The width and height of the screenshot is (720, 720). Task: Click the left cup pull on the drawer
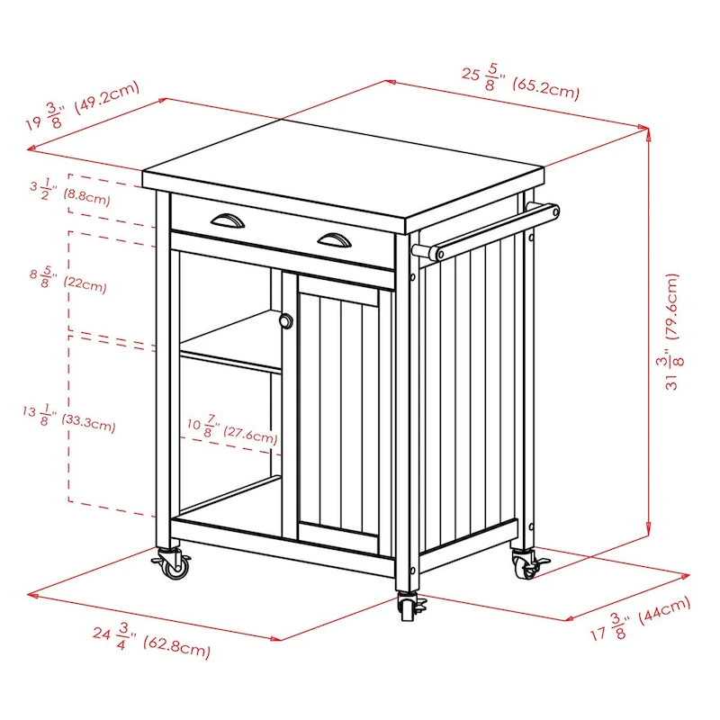pyautogui.click(x=223, y=219)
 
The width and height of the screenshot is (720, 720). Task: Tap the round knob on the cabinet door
pyautogui.click(x=285, y=321)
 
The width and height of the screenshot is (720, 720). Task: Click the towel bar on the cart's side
pyautogui.click(x=490, y=230)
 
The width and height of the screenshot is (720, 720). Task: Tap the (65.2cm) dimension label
pyautogui.click(x=545, y=89)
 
